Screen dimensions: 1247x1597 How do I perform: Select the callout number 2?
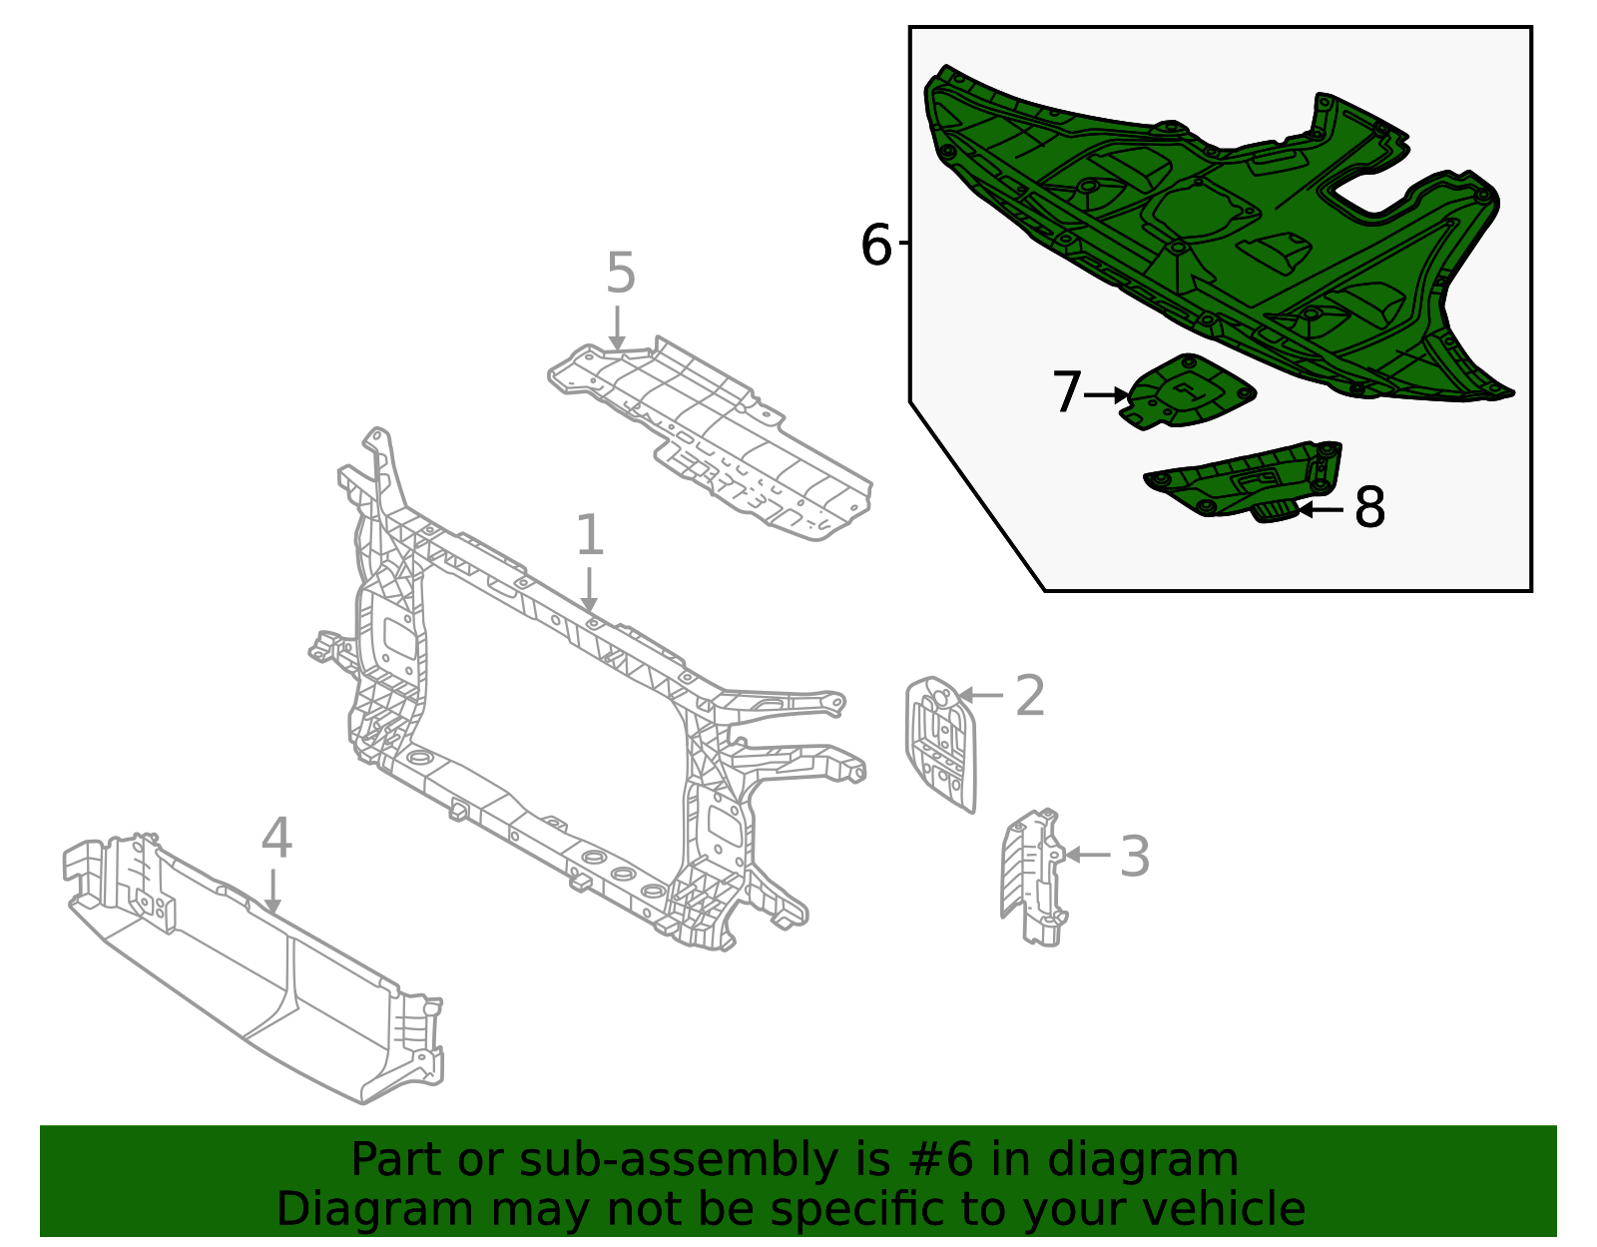pyautogui.click(x=1029, y=696)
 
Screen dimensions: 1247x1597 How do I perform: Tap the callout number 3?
pyautogui.click(x=1134, y=857)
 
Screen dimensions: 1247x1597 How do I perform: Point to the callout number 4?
pyautogui.click(x=276, y=839)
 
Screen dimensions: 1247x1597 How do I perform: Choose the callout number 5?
pyautogui.click(x=620, y=274)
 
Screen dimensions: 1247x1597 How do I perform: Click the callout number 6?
pyautogui.click(x=875, y=246)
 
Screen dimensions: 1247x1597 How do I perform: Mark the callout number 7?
pyautogui.click(x=1066, y=393)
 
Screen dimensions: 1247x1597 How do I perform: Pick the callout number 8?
pyautogui.click(x=1369, y=508)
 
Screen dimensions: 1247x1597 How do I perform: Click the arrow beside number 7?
pyautogui.click(x=1106, y=396)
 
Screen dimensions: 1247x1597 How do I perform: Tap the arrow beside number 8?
pyautogui.click(x=1322, y=510)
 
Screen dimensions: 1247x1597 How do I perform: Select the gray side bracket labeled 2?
pyautogui.click(x=940, y=744)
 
